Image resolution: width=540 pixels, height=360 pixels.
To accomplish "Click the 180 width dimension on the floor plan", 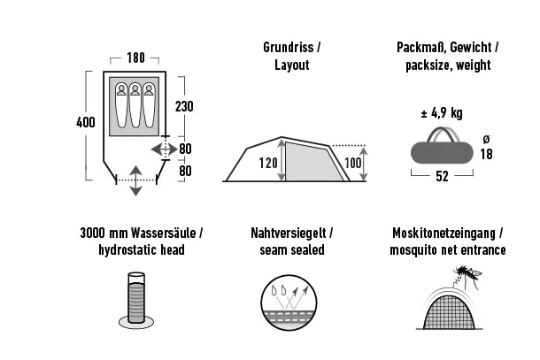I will point(135,58).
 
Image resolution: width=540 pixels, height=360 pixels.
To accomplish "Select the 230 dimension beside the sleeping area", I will point(185,106).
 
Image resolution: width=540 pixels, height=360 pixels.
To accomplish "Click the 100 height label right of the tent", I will point(354,163).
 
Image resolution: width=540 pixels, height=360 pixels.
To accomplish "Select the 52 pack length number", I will point(440,177).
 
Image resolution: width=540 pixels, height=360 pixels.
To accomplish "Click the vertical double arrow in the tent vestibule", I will point(134,180).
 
